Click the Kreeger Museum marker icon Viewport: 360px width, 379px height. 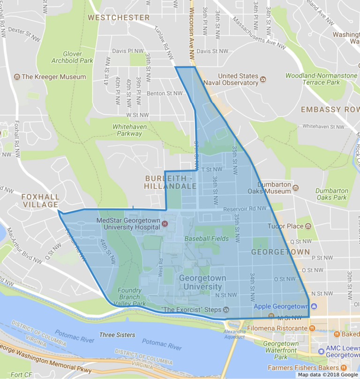click(x=17, y=77)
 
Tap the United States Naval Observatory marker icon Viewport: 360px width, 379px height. click(x=263, y=79)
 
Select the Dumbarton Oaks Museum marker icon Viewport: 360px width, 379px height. click(x=296, y=188)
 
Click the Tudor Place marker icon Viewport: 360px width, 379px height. click(x=308, y=226)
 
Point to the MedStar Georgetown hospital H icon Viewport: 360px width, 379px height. click(x=165, y=224)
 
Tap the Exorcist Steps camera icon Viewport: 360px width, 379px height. click(x=226, y=310)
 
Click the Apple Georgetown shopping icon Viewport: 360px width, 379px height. click(x=314, y=306)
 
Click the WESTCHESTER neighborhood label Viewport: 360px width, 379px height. click(x=119, y=17)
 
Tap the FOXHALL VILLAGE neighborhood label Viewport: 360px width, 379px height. click(x=40, y=201)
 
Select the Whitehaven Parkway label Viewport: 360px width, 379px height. click(x=129, y=130)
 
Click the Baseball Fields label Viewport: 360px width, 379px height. click(x=206, y=238)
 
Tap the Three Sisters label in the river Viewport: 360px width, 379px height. click(x=117, y=335)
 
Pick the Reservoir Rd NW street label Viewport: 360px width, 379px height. click(x=245, y=208)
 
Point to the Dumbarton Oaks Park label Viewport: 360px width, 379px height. click(x=331, y=194)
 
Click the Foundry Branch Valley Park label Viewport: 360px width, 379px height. click(x=129, y=297)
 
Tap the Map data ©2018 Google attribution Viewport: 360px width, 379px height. click(x=327, y=375)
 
